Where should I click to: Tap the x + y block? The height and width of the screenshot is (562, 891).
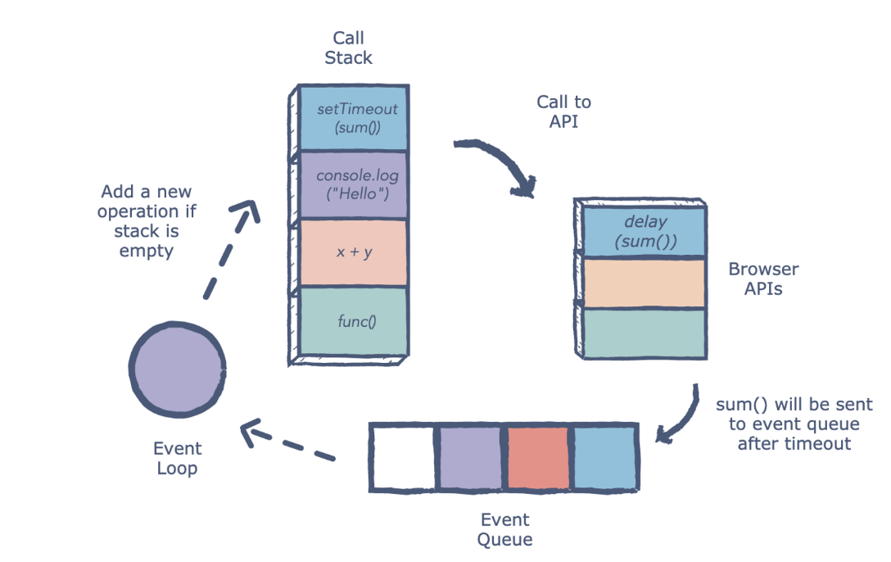[x=353, y=252]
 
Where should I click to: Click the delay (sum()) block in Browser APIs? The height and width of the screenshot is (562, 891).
[x=645, y=232]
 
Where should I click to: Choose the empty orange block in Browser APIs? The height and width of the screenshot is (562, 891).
[x=645, y=283]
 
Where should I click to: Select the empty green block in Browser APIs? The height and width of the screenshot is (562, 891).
[x=645, y=333]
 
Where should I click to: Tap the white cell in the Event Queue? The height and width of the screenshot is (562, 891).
[x=401, y=457]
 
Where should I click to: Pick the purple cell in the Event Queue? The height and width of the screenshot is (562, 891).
[x=468, y=457]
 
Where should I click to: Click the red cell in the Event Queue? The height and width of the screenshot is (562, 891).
[x=536, y=457]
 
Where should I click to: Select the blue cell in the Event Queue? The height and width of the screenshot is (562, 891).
[x=604, y=457]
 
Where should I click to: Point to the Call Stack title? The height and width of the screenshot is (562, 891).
[x=348, y=48]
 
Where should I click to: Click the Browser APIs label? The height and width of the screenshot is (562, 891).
[x=763, y=279]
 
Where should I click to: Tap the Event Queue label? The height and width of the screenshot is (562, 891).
[x=504, y=529]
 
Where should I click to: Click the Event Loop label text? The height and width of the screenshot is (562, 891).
[x=177, y=459]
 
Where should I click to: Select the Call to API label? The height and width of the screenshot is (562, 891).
[x=563, y=112]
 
